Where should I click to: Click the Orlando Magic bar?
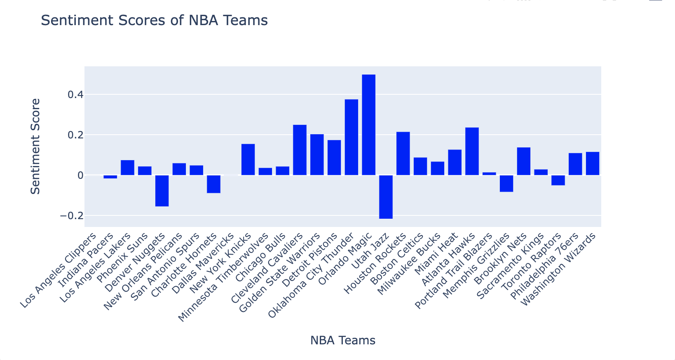tap(368, 125)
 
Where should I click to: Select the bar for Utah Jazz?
tap(386, 197)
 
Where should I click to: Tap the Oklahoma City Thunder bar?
tap(351, 137)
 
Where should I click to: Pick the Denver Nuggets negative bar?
tap(162, 191)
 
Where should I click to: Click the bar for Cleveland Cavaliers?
tap(300, 150)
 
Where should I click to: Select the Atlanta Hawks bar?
tap(472, 151)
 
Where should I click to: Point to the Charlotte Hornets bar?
tap(213, 184)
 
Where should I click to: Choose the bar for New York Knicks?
tap(248, 159)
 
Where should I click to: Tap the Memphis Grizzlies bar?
tap(506, 183)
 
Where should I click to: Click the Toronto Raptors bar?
tap(558, 180)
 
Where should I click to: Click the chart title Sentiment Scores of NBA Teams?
tap(154, 20)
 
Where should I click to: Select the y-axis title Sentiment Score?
tap(36, 146)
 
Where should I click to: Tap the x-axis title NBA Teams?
tap(342, 341)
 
